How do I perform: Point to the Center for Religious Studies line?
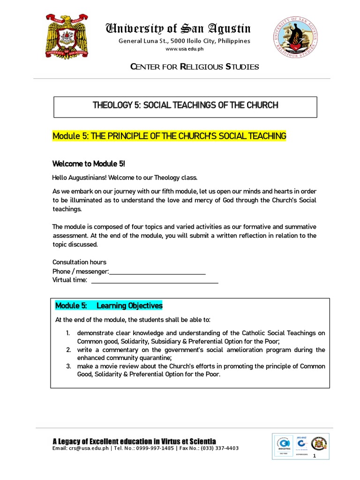click(x=194, y=67)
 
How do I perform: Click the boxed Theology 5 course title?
click(x=186, y=105)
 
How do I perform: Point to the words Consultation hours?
click(x=79, y=262)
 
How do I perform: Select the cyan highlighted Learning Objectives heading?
click(x=109, y=306)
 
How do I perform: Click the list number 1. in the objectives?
click(x=68, y=333)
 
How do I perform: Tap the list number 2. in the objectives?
click(x=68, y=350)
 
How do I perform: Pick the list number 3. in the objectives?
click(x=68, y=366)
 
